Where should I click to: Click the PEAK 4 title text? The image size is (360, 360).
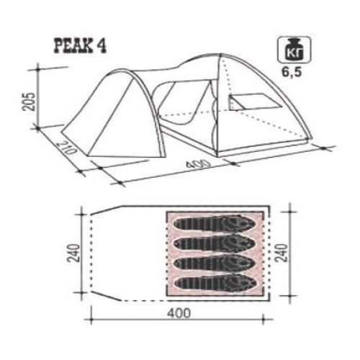point(80,45)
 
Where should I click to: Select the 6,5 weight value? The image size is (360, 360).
point(292,72)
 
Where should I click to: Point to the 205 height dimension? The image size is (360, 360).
point(30,102)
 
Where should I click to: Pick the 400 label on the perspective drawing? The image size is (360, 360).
point(198,164)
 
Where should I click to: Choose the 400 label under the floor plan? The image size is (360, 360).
point(179,313)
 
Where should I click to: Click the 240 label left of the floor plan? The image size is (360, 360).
point(73,253)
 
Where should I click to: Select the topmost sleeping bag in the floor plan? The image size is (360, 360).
point(215,224)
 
